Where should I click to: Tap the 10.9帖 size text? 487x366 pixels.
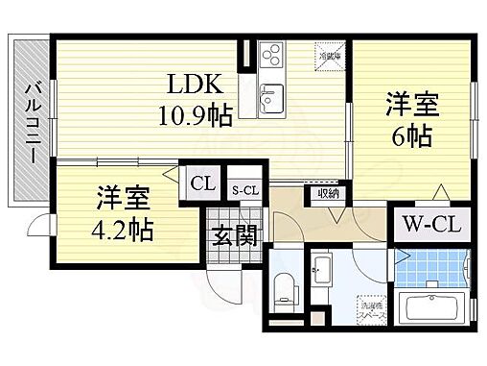(x=196, y=116)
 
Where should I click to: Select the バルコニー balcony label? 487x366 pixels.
(x=31, y=120)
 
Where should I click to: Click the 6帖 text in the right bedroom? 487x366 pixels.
(x=413, y=134)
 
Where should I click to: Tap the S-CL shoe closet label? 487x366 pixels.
(x=245, y=189)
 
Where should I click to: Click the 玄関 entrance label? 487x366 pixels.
(x=234, y=234)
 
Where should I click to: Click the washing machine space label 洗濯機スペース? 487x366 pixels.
(x=367, y=306)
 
